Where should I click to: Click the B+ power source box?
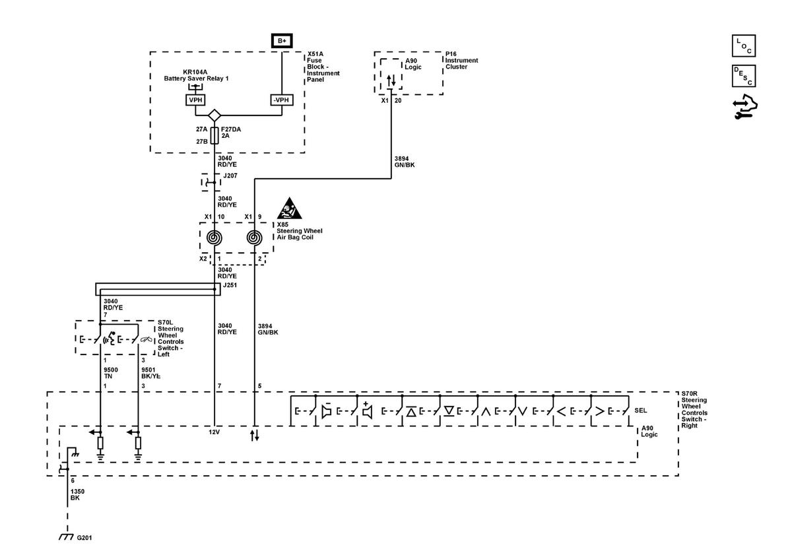(282, 41)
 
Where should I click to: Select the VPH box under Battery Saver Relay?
(195, 100)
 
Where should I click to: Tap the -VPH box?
(281, 100)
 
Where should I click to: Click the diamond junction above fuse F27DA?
(214, 115)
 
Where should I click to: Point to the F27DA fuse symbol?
(214, 135)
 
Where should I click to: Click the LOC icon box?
(744, 46)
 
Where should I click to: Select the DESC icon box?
(744, 76)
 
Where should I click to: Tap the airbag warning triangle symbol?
(289, 209)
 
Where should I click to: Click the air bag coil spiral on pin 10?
(214, 238)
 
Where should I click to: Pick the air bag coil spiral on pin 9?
(254, 238)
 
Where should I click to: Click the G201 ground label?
(84, 538)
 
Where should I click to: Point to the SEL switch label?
(640, 410)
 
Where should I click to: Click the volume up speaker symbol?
(367, 410)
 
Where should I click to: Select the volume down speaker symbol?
(326, 410)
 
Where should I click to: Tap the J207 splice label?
(230, 176)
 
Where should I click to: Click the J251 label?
(230, 285)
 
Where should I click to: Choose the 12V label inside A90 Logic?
(214, 432)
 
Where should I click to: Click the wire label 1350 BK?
(77, 495)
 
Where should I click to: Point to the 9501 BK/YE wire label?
(150, 373)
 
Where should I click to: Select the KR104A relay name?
(195, 72)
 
